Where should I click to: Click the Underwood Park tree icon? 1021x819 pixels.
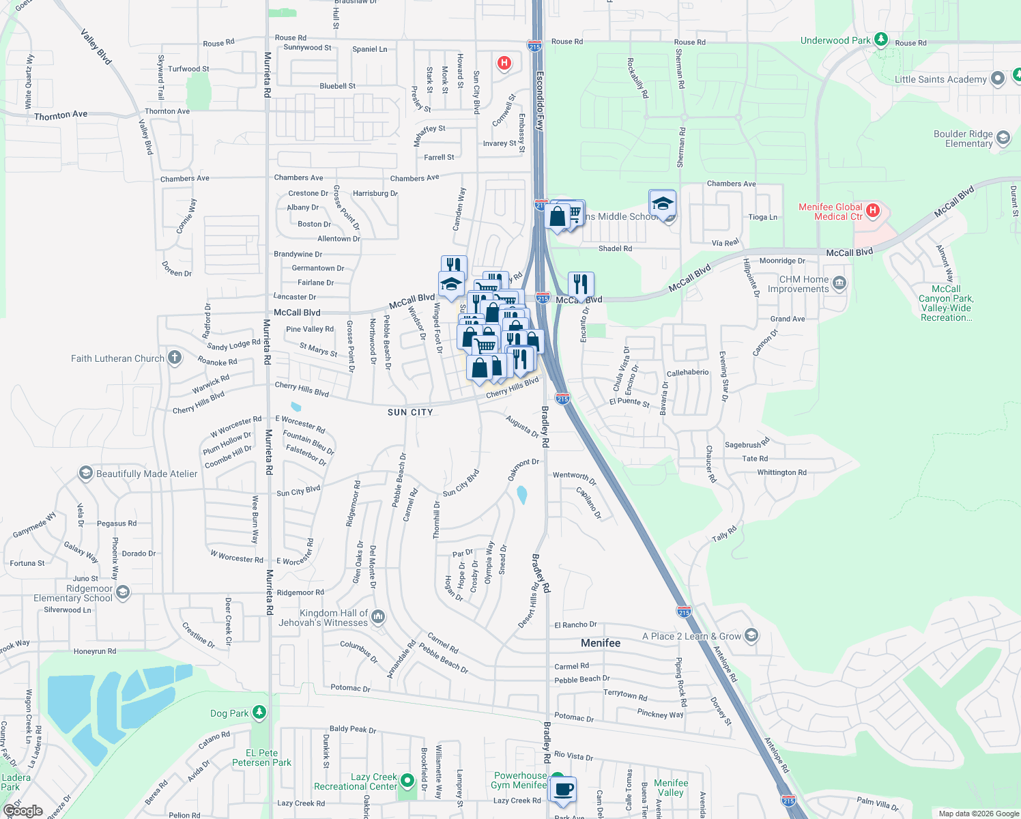881,40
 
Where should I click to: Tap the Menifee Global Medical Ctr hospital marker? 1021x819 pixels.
873,211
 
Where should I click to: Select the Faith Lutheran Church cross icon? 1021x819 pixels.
175,358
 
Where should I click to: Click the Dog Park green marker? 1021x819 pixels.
259,713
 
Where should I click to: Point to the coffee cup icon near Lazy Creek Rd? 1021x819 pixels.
564,790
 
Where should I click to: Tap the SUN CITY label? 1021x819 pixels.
410,412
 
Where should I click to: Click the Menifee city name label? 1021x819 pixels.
601,643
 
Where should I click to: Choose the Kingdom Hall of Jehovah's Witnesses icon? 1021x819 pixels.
378,617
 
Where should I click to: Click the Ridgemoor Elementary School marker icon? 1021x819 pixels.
123,592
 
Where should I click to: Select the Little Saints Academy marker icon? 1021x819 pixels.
997,78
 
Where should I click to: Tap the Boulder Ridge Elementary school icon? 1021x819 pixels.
1003,138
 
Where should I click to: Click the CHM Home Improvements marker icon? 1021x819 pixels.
839,283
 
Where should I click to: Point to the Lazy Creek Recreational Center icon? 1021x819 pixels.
407,780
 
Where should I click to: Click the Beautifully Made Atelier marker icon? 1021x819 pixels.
85,472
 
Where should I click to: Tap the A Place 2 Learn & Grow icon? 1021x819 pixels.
751,635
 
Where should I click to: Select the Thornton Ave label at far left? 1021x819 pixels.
61,115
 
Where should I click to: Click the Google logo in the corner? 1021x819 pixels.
23,811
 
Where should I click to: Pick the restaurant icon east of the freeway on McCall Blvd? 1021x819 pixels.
581,283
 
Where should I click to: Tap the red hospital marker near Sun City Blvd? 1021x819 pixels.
504,63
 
